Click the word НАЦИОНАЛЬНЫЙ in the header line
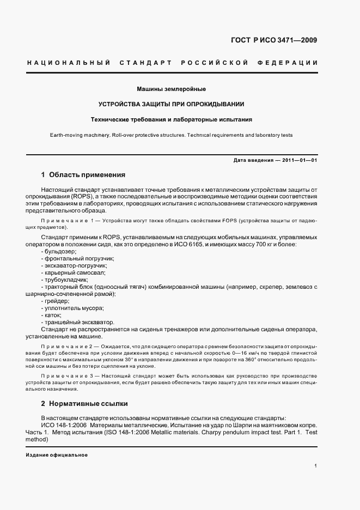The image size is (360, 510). (x=69, y=63)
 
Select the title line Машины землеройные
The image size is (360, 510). (x=171, y=88)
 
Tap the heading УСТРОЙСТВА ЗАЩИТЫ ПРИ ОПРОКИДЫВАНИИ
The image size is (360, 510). (x=171, y=104)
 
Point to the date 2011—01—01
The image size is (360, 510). (x=298, y=160)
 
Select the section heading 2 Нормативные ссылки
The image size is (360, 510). (x=84, y=404)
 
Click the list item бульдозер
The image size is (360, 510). (x=60, y=251)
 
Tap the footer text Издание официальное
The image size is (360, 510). (x=57, y=455)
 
